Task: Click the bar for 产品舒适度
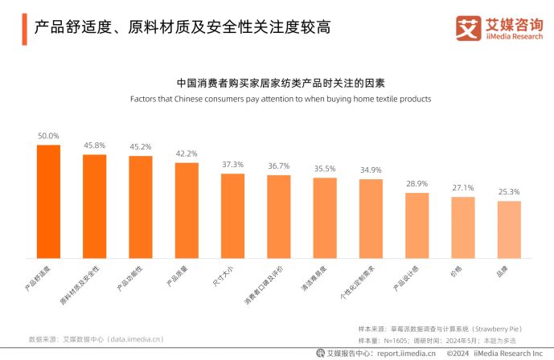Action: (48, 202)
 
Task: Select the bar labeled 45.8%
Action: (95, 207)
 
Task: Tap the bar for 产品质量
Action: (187, 211)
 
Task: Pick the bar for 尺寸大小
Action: (232, 216)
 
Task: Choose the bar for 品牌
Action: (509, 230)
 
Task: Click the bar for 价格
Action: (463, 227)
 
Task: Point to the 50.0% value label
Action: (48, 137)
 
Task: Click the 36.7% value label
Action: (279, 166)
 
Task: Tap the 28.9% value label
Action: (417, 184)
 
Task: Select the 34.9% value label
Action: (371, 170)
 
